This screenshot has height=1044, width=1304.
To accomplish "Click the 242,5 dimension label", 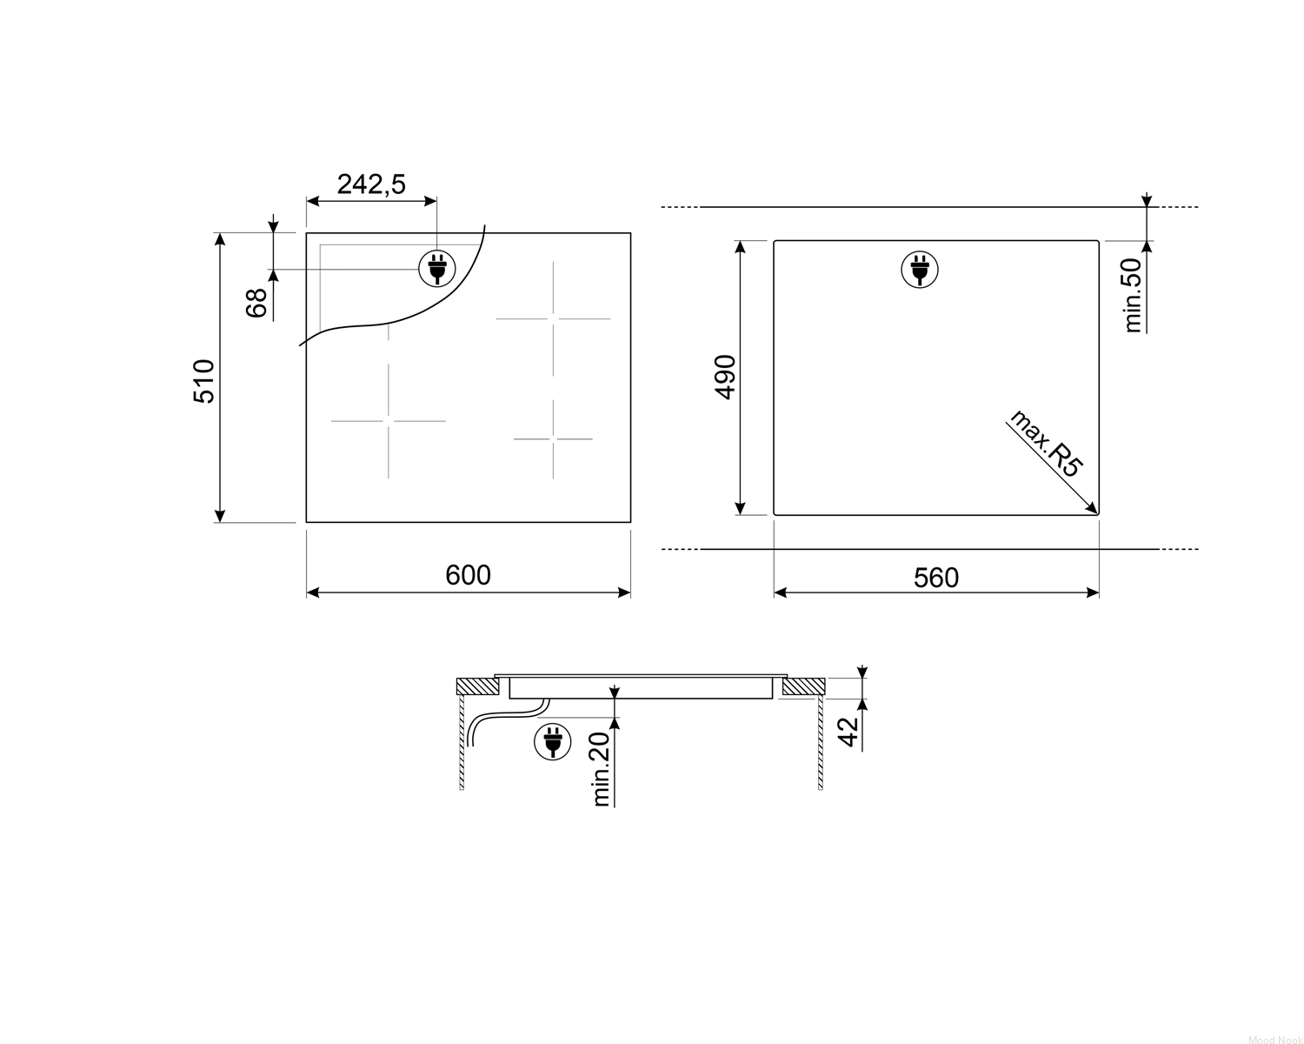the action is coord(371,184).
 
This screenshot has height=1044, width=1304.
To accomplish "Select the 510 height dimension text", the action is coord(204,381).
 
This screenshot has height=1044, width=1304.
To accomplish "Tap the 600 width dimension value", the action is coord(468,575).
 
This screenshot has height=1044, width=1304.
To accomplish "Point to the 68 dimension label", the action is coord(256,303).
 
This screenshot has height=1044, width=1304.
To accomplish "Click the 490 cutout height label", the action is coord(725,378).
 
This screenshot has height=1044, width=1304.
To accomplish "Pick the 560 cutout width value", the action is coord(936,578).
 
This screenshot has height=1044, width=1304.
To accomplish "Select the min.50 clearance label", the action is coord(1132,296).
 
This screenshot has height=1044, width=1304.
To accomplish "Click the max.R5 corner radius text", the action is coord(1045,444).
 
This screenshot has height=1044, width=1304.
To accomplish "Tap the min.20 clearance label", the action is coord(601,769).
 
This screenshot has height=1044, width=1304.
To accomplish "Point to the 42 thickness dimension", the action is coord(848,733).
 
